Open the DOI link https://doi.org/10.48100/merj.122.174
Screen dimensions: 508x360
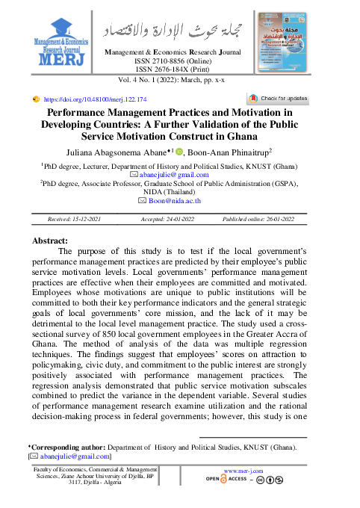(x=95, y=99)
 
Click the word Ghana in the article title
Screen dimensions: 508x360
(x=255, y=137)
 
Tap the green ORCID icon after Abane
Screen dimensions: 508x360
(x=179, y=152)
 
